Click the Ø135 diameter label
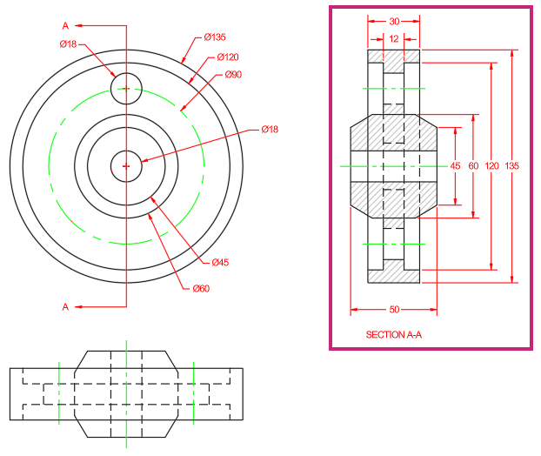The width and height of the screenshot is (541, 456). pos(215,37)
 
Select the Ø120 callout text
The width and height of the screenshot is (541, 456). pos(228,57)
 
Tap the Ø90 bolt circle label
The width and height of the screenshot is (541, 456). pos(233,75)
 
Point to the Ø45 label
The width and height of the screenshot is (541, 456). pos(220,262)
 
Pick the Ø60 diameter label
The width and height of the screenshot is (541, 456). pos(201,288)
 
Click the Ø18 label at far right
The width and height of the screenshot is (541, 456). pos(270,129)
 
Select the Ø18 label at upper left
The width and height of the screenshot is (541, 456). pos(68,44)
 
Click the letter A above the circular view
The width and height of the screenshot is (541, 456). pos(65,25)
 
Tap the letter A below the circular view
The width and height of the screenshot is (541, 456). pos(65,307)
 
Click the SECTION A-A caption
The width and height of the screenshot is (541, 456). pos(394,334)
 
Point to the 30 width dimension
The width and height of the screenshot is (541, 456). pos(394,22)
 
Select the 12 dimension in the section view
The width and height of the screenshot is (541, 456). pos(394,38)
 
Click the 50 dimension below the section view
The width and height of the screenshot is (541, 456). pos(394,309)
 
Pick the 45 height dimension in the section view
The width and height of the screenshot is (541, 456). pos(455,166)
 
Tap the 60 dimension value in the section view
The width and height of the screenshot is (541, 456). pos(473,166)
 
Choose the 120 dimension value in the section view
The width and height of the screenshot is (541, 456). pos(491,166)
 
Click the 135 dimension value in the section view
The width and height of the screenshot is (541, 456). pos(511,166)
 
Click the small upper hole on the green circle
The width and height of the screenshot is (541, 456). pos(126,73)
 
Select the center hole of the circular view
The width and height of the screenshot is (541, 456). pos(126,151)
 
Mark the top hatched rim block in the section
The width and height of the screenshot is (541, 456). pos(394,60)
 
